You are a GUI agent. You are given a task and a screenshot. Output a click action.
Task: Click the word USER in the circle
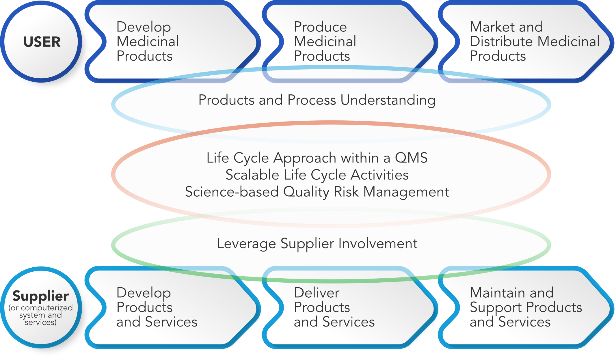pos(42,42)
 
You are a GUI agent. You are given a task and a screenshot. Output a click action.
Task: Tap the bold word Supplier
pos(41,296)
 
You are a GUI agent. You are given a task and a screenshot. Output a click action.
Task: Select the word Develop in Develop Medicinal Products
pos(144,27)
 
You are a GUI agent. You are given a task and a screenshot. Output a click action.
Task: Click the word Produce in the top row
pos(320,27)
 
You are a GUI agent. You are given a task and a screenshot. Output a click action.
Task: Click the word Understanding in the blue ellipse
pos(388,100)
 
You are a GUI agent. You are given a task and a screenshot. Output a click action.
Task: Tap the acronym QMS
pos(411,158)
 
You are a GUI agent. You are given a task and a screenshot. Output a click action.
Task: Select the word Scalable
pos(253,175)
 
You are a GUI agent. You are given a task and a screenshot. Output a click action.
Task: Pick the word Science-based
pos(232,192)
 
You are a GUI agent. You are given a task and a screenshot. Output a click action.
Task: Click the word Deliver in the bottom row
pos(317,293)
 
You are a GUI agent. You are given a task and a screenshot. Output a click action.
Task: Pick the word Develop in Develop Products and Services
pos(144,293)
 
